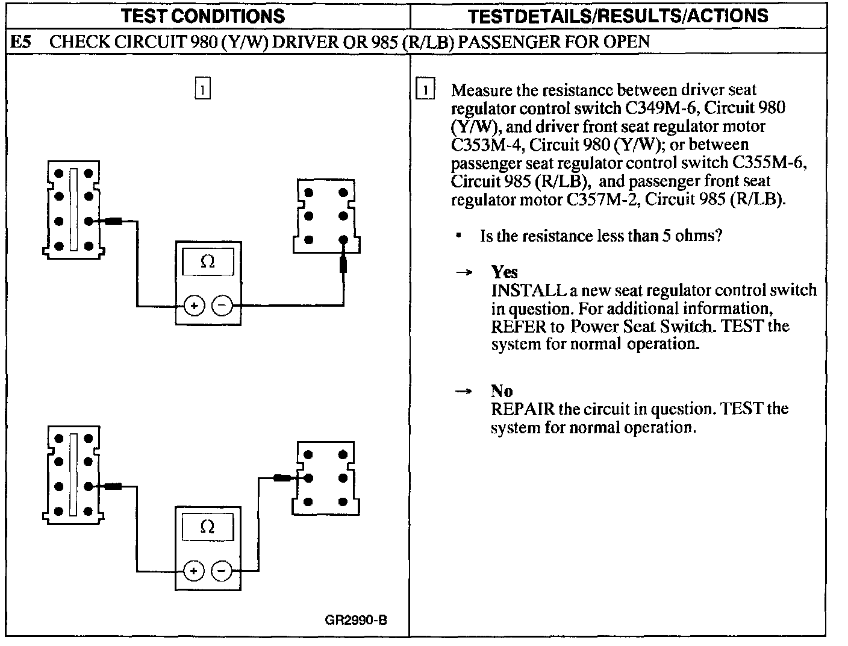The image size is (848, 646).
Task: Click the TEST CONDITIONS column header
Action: [203, 16]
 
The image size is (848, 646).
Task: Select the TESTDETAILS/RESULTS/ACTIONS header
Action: [619, 16]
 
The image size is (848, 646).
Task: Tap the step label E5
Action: [22, 42]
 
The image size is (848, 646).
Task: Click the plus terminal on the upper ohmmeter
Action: [194, 306]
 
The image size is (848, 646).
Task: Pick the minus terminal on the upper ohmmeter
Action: [222, 306]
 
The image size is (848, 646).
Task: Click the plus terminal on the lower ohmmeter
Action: [194, 571]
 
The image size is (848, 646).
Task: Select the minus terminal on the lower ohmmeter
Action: [222, 571]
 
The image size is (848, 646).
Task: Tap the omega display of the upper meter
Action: [208, 262]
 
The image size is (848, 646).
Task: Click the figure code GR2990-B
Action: [355, 620]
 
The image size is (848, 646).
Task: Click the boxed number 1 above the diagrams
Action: [203, 89]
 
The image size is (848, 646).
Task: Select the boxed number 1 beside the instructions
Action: [425, 90]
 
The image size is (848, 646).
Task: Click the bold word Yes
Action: [504, 272]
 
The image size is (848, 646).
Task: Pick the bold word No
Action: [501, 391]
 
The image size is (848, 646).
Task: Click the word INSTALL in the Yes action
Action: [528, 290]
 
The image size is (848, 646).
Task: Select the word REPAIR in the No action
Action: [522, 409]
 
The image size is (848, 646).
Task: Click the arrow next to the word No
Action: [463, 391]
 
